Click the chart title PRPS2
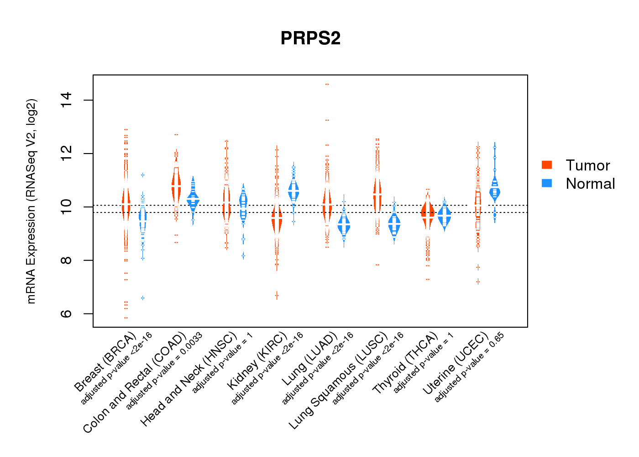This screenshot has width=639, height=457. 310,38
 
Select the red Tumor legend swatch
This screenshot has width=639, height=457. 547,165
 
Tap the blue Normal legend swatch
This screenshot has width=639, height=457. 547,183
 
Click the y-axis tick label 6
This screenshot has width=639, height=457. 67,314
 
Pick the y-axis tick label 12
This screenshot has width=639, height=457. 67,154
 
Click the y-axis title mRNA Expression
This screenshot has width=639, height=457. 31,201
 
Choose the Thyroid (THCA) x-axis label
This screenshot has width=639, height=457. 405,364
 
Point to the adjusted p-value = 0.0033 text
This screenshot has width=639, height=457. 164,371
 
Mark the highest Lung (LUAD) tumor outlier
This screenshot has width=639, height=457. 327,85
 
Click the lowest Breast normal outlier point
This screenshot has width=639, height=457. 142,298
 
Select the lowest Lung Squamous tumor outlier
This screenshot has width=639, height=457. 377,265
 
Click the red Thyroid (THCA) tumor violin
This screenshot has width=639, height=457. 428,213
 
